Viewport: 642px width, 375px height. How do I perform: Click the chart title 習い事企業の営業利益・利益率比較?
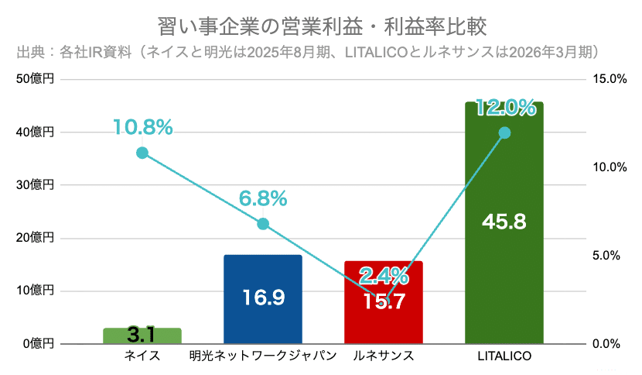point(323,26)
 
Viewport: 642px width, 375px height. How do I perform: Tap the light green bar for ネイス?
point(142,335)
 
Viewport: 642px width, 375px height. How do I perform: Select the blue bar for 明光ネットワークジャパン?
point(263,299)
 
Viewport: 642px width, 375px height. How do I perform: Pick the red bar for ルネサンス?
point(384,302)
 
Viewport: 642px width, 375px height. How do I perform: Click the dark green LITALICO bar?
point(504,223)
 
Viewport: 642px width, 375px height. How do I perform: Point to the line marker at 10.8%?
point(142,153)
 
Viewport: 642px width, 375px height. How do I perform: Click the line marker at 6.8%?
point(263,224)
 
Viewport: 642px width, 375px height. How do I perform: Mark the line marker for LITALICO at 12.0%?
point(504,133)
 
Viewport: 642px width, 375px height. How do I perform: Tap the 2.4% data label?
point(384,276)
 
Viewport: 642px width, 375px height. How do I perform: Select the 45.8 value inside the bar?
point(504,222)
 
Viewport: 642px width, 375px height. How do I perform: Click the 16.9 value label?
point(263,298)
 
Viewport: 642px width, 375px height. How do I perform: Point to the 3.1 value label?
point(141,335)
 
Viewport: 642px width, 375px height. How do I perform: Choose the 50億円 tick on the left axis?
point(36,79)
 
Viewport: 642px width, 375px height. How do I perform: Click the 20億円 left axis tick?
point(36,238)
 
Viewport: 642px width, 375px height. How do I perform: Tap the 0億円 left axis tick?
point(39,344)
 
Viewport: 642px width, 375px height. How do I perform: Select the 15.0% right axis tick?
point(610,79)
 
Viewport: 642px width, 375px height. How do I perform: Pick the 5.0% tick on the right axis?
point(606,256)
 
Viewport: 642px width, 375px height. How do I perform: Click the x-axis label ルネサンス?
point(384,356)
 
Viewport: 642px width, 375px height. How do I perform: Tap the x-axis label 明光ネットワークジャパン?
point(263,356)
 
